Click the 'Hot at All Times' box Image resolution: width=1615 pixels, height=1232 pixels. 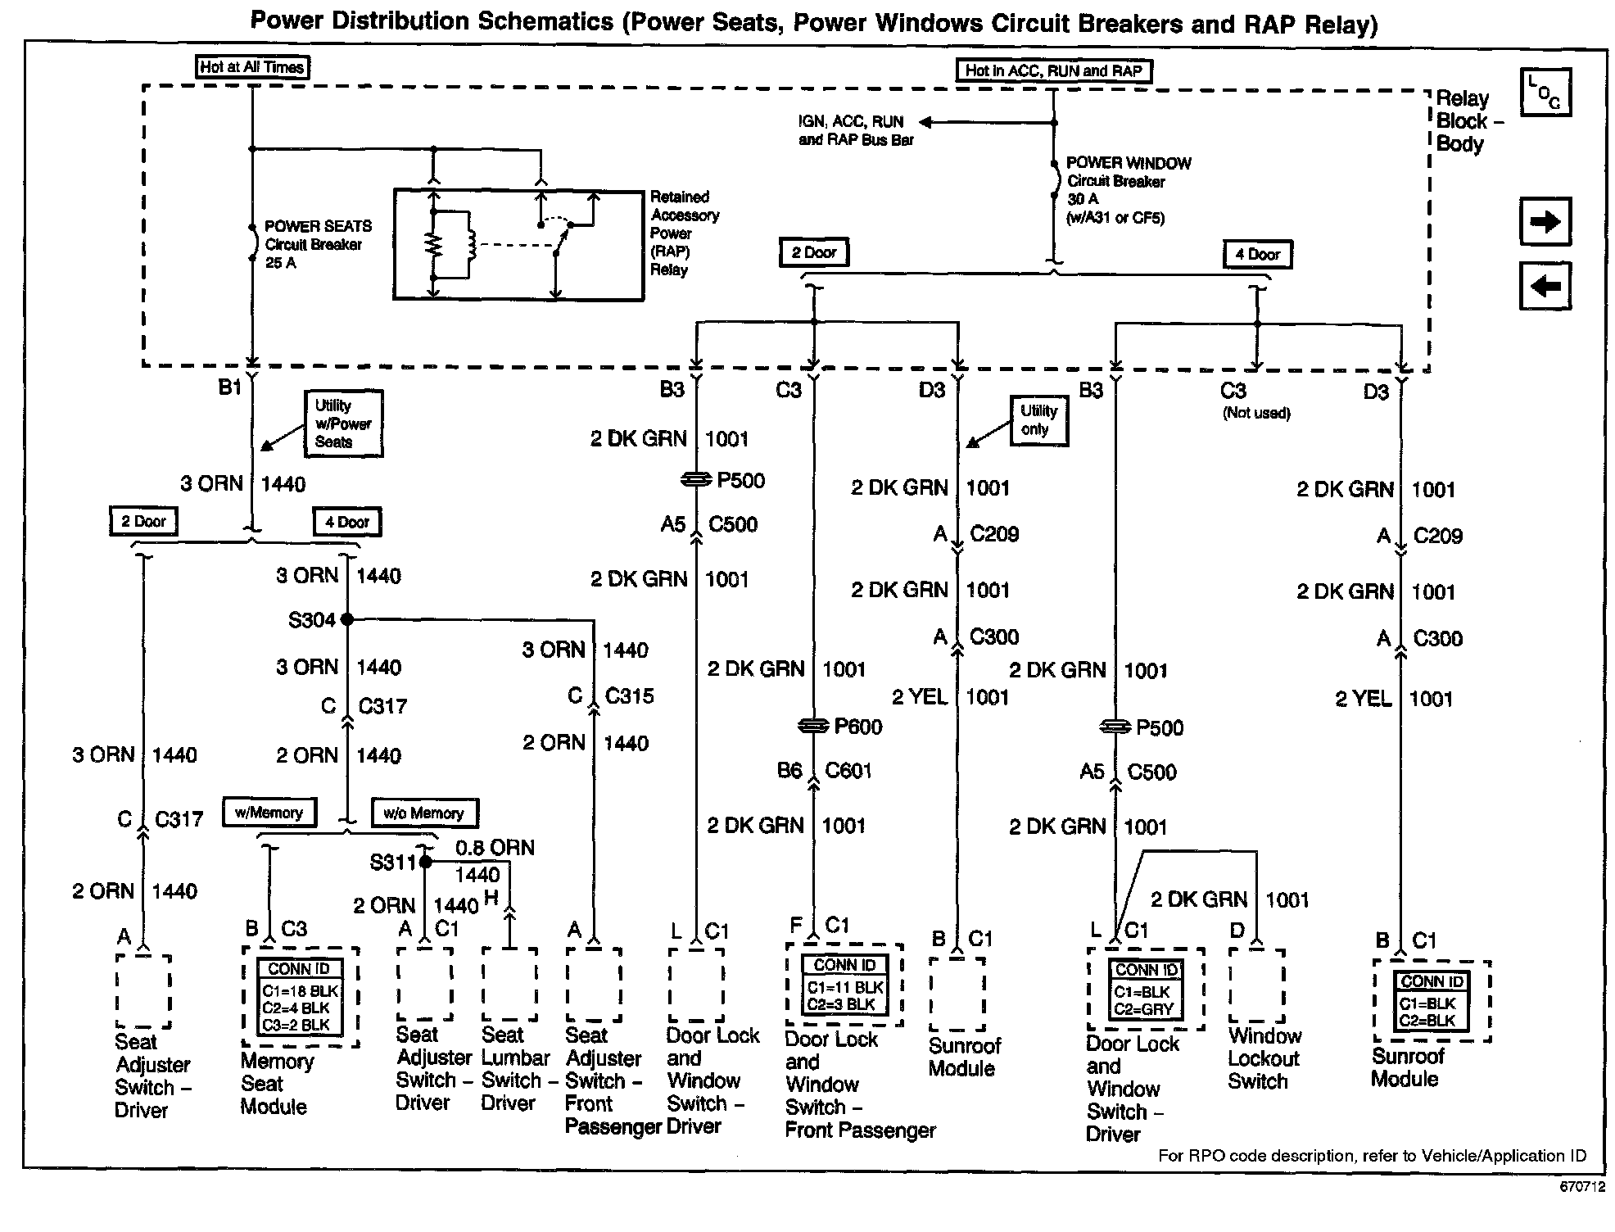point(252,67)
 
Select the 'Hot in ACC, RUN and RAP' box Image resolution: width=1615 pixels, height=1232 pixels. point(1053,70)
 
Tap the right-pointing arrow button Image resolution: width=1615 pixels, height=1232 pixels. point(1545,221)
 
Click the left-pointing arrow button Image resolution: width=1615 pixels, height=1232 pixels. point(1545,286)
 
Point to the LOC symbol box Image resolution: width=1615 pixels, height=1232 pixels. point(1545,93)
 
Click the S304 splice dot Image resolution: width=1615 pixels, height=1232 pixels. point(346,619)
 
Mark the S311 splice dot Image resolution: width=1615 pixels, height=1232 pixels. point(425,862)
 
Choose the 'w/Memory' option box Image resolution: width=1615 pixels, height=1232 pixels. point(269,813)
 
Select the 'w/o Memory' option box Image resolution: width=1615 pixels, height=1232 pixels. point(424,813)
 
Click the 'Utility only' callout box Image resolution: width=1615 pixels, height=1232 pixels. point(1038,420)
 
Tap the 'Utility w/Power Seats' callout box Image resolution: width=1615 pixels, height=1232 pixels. point(343,423)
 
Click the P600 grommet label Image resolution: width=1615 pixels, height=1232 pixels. point(857,727)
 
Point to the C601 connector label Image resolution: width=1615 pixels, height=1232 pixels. point(848,771)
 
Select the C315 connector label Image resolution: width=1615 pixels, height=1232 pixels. point(629,696)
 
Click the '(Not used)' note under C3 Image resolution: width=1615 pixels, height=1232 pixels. point(1256,413)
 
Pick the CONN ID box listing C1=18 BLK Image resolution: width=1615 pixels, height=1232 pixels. point(300,996)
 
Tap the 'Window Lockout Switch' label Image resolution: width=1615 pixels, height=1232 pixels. point(1264,1058)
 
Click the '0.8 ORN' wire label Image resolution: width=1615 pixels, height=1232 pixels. point(495,848)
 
